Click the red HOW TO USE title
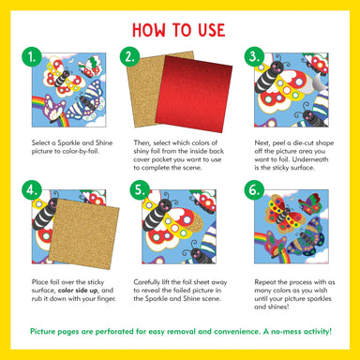click(x=180, y=27)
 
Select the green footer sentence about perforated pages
click(x=180, y=332)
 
